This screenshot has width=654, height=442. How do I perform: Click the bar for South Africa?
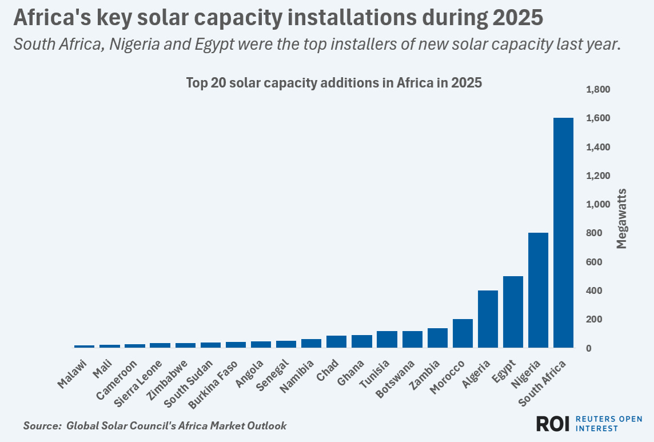[563, 233]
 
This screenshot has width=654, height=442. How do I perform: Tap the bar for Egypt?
[513, 312]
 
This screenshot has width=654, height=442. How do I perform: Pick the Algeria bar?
[488, 319]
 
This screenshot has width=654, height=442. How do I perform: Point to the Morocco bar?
[462, 333]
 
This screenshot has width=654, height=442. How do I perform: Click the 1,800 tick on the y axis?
[598, 90]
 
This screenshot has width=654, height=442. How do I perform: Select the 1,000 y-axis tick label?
[598, 205]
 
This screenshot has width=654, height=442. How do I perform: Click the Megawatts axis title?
[622, 218]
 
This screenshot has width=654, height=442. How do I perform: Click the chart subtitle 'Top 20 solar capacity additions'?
[334, 83]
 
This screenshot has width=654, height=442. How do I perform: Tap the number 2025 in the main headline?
[516, 18]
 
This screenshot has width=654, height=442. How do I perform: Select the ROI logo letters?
[553, 424]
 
